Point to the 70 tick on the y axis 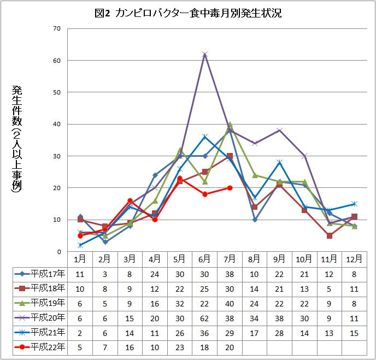(x=57, y=28)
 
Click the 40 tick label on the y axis (x=57, y=124)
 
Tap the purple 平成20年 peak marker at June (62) (x=205, y=54)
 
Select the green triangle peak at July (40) (x=230, y=124)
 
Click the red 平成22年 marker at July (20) (x=230, y=188)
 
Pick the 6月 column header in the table (x=205, y=258)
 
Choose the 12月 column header (x=354, y=258)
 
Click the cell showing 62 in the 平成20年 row (x=205, y=317)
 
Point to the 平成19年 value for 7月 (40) (x=230, y=302)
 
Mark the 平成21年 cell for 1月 (x=80, y=332)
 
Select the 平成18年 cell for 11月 (x=329, y=287)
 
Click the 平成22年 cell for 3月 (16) (x=130, y=346)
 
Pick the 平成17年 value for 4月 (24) (x=155, y=273)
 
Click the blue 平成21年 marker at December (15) (x=354, y=204)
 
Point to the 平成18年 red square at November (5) (x=329, y=235)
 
